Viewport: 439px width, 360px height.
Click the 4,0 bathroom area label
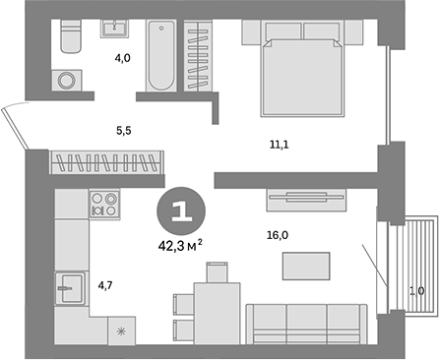[x=121, y=59]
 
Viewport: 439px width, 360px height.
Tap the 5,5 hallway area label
[x=121, y=128]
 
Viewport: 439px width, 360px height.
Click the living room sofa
[x=306, y=323]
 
